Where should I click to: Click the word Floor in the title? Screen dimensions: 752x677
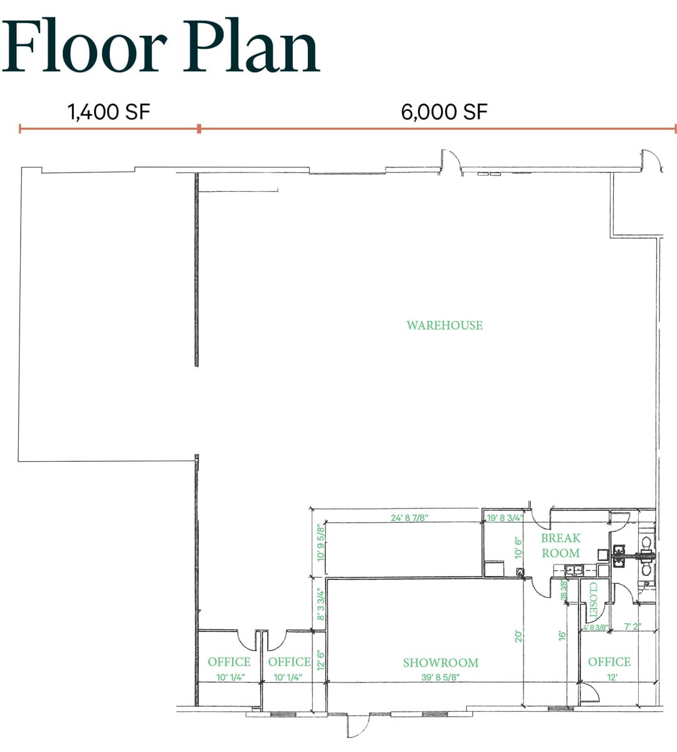(84, 46)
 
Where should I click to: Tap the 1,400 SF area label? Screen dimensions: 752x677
(109, 112)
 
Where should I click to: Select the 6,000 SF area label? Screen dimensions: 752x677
(444, 112)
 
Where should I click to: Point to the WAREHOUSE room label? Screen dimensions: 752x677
(444, 325)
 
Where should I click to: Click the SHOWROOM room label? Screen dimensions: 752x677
(441, 662)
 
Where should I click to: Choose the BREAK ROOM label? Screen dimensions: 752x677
(560, 545)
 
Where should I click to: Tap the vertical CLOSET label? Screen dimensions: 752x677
(593, 601)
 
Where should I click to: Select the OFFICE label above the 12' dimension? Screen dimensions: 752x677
(609, 662)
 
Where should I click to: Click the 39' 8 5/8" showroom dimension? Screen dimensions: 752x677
(441, 677)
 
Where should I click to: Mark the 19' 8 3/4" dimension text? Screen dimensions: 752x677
(505, 518)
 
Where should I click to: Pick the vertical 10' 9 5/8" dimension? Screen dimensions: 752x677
(322, 543)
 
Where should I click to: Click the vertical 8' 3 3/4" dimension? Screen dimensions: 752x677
(321, 603)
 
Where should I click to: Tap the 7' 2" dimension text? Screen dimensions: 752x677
(632, 627)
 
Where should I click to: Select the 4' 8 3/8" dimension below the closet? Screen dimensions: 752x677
(595, 627)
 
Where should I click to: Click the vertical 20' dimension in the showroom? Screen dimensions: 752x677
(519, 636)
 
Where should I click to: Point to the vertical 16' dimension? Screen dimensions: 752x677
(563, 635)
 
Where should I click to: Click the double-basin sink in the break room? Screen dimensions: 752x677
(575, 570)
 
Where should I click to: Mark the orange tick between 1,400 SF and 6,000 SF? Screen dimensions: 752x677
(199, 128)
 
